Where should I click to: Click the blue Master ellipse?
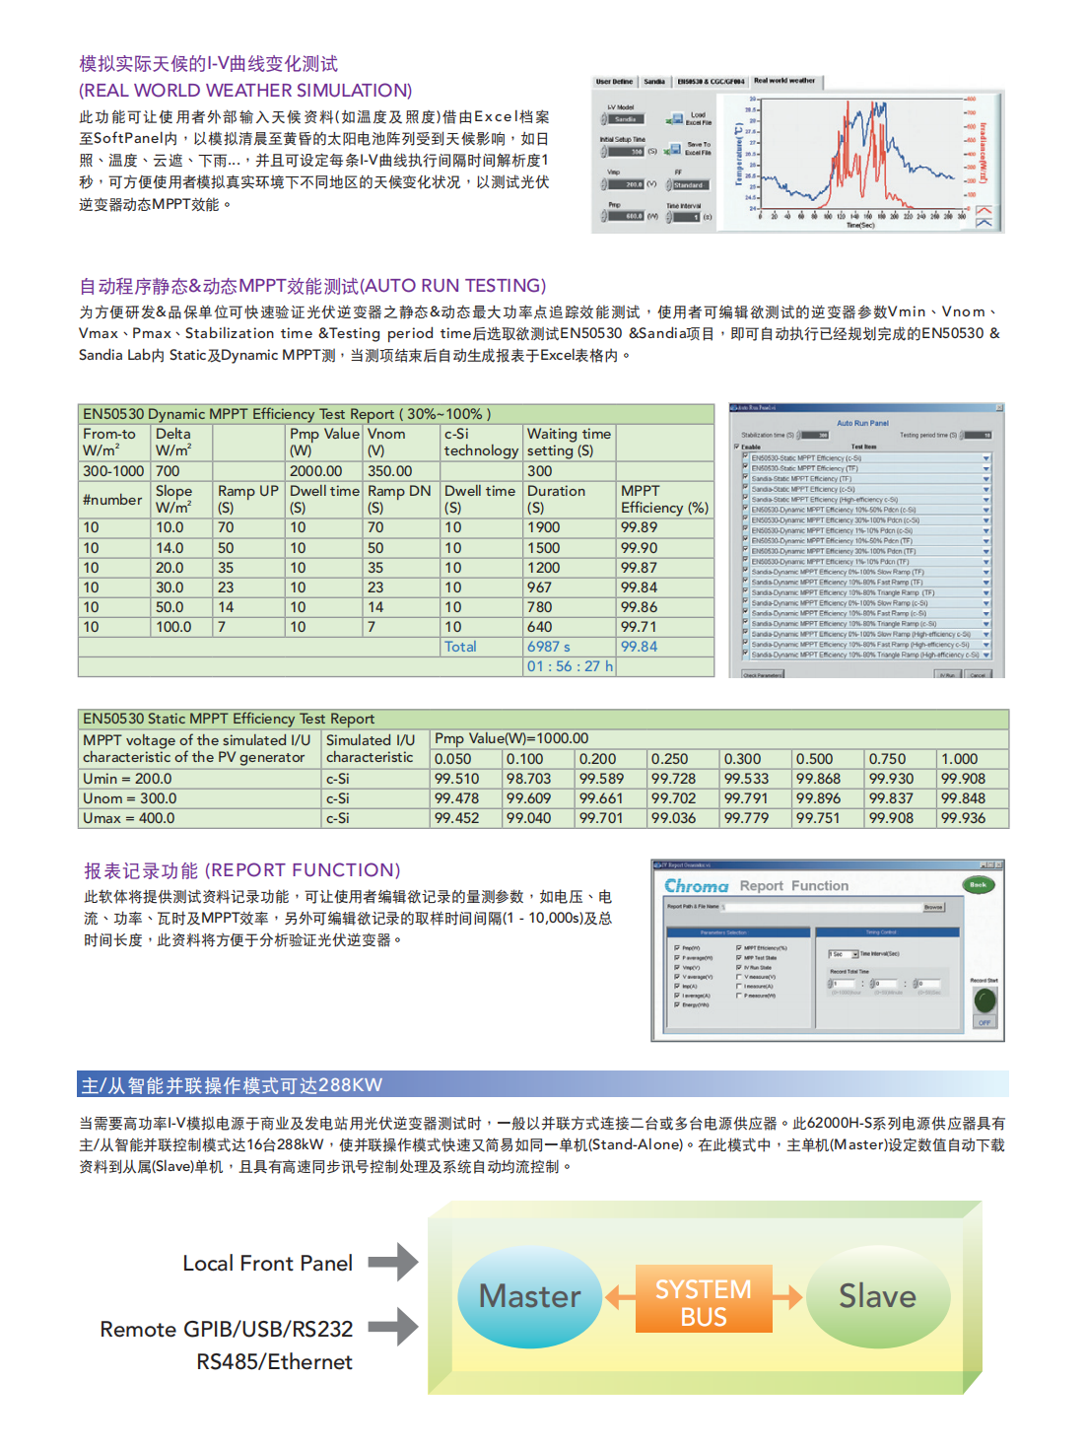click(x=529, y=1296)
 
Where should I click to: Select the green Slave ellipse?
click(x=877, y=1296)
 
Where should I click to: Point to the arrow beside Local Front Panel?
click(x=394, y=1262)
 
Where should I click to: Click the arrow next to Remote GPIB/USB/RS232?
click(x=394, y=1327)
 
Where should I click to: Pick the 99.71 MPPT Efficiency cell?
click(x=640, y=627)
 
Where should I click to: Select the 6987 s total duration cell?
click(x=549, y=647)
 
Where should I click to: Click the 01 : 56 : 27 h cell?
click(x=570, y=666)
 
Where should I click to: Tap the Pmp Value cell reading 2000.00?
click(x=316, y=471)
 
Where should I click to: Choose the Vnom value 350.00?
click(x=390, y=471)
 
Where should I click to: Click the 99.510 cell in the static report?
click(x=457, y=779)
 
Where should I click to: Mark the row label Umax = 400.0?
click(x=129, y=818)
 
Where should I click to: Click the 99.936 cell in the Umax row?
click(x=963, y=818)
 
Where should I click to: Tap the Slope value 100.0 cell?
click(x=173, y=627)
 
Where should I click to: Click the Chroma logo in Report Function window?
click(x=697, y=886)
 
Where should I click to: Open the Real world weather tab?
click(x=784, y=81)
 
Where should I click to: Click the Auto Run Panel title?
click(x=862, y=423)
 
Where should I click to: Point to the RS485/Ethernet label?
click(x=274, y=1361)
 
